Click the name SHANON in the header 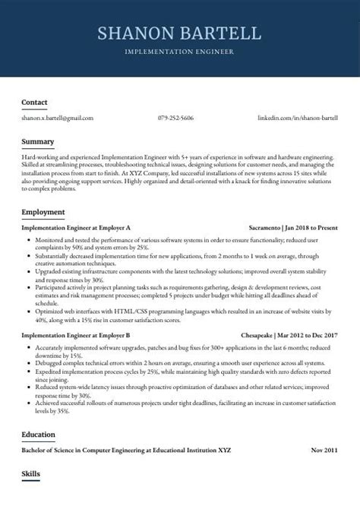[x=135, y=33]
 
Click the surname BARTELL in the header [x=223, y=33]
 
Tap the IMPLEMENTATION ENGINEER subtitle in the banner [x=180, y=53]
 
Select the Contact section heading [x=34, y=102]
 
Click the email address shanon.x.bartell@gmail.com [x=57, y=119]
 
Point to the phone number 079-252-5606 [x=175, y=119]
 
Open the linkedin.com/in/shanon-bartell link [x=297, y=119]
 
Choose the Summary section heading [x=37, y=142]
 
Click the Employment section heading [x=43, y=212]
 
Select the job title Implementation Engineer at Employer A [x=76, y=227]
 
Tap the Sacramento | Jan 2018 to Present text [x=293, y=227]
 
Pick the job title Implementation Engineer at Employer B [x=76, y=335]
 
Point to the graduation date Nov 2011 [x=324, y=451]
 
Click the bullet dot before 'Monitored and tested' [x=28, y=239]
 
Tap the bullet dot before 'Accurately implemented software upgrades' [x=28, y=347]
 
